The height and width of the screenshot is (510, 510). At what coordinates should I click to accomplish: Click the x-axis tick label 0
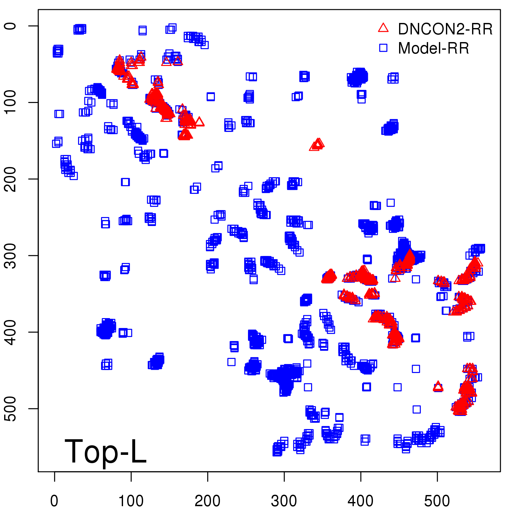[x=54, y=501]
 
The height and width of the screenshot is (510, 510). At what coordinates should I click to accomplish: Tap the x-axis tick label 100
[x=131, y=501]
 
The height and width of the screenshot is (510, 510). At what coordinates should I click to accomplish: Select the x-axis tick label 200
[x=208, y=501]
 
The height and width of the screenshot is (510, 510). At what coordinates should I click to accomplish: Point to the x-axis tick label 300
[x=284, y=501]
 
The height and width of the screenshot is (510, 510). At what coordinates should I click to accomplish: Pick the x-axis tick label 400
[x=361, y=501]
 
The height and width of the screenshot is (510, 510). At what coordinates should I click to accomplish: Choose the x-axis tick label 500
[x=437, y=501]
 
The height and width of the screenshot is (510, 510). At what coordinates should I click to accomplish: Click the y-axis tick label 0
[x=10, y=26]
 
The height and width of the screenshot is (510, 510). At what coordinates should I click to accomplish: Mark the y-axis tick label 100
[x=10, y=102]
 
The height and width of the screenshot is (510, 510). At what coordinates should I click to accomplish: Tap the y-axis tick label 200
[x=10, y=179]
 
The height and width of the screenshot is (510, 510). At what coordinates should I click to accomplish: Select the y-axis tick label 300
[x=10, y=255]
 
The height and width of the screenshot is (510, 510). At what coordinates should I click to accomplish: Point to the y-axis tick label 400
[x=10, y=332]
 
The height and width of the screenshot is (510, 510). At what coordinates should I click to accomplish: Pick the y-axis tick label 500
[x=10, y=408]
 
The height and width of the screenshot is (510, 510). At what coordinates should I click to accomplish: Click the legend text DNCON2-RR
[x=445, y=29]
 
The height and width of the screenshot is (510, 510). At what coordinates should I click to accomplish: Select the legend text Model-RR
[x=433, y=48]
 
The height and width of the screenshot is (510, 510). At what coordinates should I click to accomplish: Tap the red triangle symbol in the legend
[x=383, y=28]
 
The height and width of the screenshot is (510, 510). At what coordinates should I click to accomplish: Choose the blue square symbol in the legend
[x=383, y=48]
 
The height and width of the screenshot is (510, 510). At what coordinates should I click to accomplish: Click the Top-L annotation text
[x=106, y=451]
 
